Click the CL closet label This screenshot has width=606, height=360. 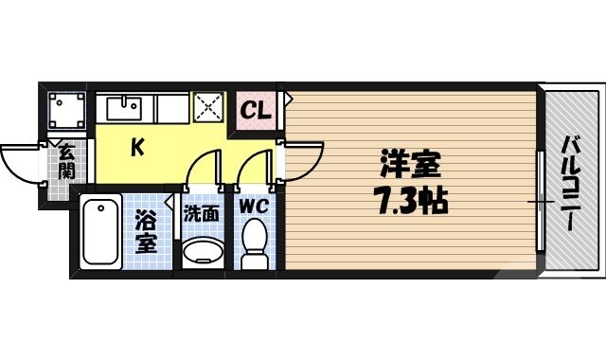(x=255, y=110)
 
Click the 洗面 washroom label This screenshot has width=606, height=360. (x=201, y=214)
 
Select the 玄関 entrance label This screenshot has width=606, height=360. (x=66, y=160)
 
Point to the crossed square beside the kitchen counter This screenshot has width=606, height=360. (x=207, y=108)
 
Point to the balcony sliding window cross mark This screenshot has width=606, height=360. (x=541, y=202)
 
